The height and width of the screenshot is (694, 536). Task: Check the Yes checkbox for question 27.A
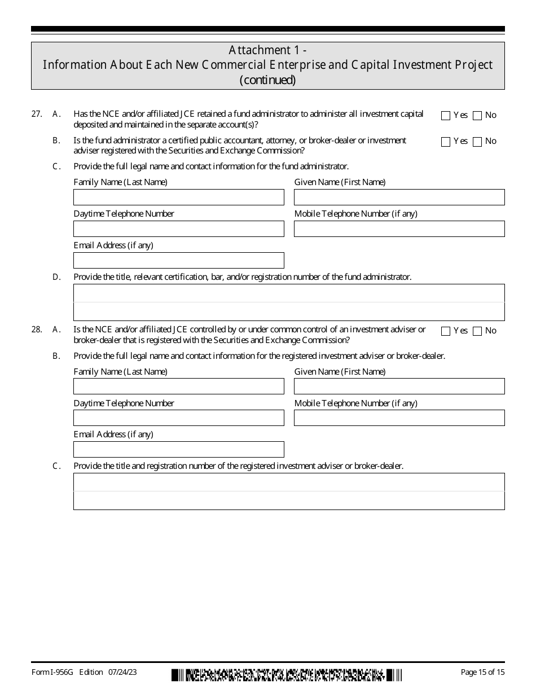click(446, 116)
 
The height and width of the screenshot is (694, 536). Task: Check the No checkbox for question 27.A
click(477, 116)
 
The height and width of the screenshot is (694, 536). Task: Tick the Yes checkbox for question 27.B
click(446, 142)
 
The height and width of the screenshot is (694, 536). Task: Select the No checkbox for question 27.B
click(477, 142)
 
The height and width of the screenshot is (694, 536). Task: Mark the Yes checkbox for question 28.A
click(446, 331)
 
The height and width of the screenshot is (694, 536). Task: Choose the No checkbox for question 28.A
click(477, 331)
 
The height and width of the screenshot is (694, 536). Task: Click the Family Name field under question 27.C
click(178, 197)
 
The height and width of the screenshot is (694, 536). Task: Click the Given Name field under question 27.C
click(399, 197)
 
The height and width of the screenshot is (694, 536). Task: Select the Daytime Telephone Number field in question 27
click(178, 229)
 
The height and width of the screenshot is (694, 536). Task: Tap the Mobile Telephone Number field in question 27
click(399, 229)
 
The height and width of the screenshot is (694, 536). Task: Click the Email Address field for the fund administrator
click(178, 260)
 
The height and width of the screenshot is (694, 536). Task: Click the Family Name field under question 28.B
click(178, 386)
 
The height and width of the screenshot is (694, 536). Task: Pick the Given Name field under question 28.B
click(399, 386)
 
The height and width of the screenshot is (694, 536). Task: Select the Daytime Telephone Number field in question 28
click(178, 418)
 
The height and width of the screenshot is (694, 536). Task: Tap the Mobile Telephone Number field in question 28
click(399, 418)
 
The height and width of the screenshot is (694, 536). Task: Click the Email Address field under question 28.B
click(178, 449)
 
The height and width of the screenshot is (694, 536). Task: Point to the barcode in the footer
click(287, 674)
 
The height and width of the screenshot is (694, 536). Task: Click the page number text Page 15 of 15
click(482, 672)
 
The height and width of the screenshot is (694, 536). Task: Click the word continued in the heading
click(267, 80)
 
